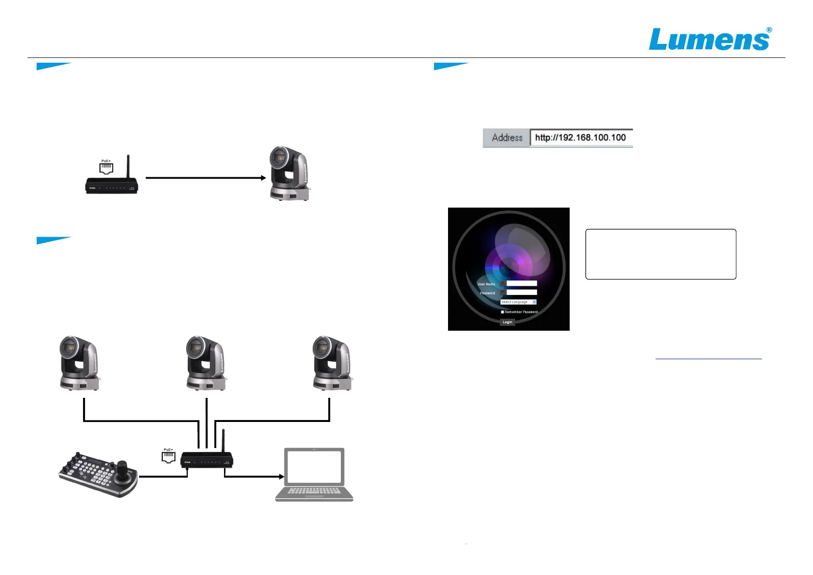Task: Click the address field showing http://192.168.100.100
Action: coord(581,138)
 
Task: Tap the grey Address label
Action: coord(507,138)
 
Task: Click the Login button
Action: coord(507,322)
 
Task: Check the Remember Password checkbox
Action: coord(503,312)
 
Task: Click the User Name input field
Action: coord(521,283)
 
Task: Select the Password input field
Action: coord(521,292)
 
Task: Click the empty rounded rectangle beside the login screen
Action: coord(660,254)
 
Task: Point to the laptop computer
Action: coord(314,474)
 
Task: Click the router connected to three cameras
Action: coord(207,460)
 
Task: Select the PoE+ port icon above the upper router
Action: coord(106,167)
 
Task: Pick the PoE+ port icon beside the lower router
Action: coord(168,456)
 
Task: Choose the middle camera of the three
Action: coord(206,363)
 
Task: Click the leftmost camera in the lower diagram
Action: coord(79,363)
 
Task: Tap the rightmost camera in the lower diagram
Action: coord(332,363)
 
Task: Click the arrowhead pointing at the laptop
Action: coord(281,477)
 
